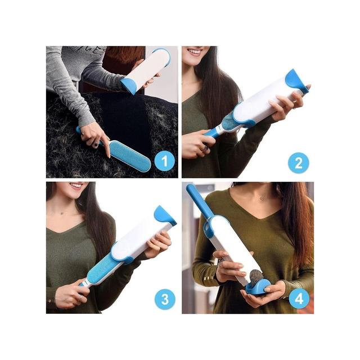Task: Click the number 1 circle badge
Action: [165, 161]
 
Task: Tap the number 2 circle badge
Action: [299, 163]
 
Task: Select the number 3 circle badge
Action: [165, 299]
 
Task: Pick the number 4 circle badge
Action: [299, 298]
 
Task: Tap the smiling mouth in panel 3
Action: [76, 186]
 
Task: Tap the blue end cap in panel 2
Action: [296, 81]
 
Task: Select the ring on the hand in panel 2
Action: [205, 148]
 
